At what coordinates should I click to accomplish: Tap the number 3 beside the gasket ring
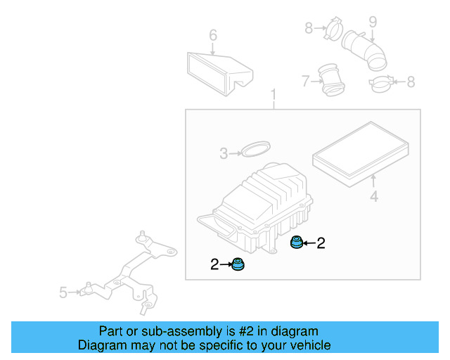click(224, 153)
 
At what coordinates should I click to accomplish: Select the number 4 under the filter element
click(374, 197)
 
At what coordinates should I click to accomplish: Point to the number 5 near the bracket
click(63, 292)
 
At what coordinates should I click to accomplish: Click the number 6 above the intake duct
click(213, 35)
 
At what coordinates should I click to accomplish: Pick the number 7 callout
click(305, 82)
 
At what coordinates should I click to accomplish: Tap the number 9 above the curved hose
click(373, 22)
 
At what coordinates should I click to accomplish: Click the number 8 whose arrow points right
click(308, 28)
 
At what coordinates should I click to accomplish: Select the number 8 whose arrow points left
click(411, 82)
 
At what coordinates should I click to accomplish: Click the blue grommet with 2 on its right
click(297, 243)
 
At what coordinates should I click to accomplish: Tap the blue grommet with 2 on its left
click(240, 265)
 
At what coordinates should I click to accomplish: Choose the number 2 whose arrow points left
click(321, 243)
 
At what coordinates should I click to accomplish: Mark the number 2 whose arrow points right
click(214, 264)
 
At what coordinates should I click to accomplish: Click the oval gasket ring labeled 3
click(255, 150)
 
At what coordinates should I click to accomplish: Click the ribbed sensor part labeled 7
click(331, 79)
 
